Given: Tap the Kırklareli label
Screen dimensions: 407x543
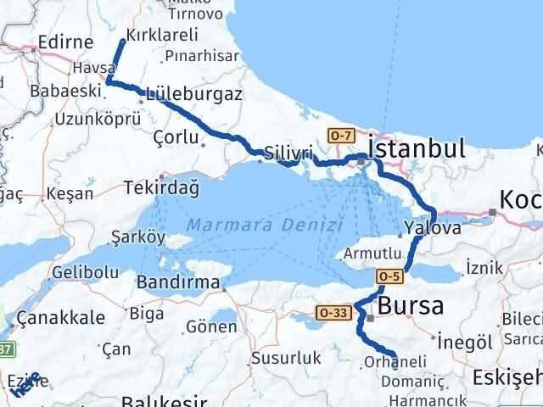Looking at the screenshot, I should coord(161,35).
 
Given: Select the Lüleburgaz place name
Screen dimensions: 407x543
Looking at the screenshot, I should coord(194,92).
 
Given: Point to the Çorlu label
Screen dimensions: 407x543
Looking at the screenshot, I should coord(176,136).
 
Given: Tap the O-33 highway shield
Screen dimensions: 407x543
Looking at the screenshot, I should coord(333,313).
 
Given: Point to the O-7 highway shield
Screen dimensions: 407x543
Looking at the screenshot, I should coord(340,135).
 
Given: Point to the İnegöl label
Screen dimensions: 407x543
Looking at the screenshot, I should coord(465,342).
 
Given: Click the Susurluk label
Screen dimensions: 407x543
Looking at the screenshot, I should coord(293,358).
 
